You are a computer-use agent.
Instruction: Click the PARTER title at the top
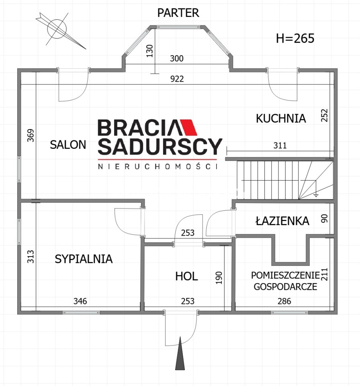tap(178, 13)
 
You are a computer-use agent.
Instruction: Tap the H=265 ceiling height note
tap(295, 39)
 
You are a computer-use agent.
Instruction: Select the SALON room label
tap(68, 145)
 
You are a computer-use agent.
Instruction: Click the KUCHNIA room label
tap(281, 118)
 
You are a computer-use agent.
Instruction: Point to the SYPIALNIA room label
tap(84, 259)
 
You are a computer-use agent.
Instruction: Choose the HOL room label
tap(186, 277)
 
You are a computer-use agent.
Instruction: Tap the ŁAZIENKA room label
tap(282, 221)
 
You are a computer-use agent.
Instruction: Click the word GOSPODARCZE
tap(285, 287)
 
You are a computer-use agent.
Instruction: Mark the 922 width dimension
tap(177, 79)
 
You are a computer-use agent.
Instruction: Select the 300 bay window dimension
tap(177, 59)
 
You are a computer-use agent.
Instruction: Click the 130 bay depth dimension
tap(149, 51)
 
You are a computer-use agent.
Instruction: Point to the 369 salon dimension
tap(31, 136)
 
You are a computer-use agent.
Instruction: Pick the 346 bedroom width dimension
tap(80, 301)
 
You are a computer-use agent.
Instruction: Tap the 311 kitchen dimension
tap(280, 146)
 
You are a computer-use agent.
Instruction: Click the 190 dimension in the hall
tap(219, 278)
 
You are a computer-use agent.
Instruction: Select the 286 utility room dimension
tap(284, 301)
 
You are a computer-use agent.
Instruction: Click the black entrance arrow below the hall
tap(180, 353)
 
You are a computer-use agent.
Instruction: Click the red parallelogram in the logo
tap(189, 127)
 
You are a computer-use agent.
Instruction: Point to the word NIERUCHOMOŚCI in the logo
tap(158, 166)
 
